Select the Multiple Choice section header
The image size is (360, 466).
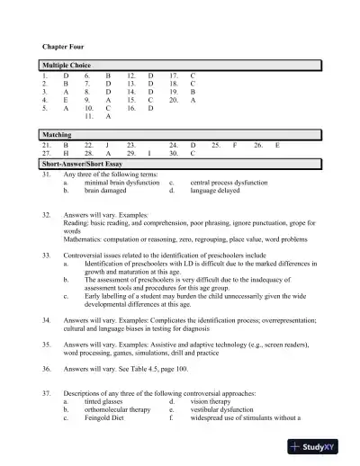[x=68, y=67]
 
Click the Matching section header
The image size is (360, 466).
[x=58, y=133]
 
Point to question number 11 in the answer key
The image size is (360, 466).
[x=88, y=116]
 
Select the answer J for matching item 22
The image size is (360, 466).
[x=108, y=144]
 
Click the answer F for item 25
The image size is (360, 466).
[x=235, y=144]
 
